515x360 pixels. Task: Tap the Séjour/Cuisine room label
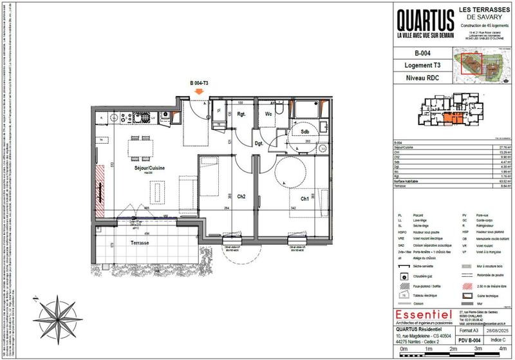click(149, 167)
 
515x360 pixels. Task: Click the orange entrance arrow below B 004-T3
click(200, 93)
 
